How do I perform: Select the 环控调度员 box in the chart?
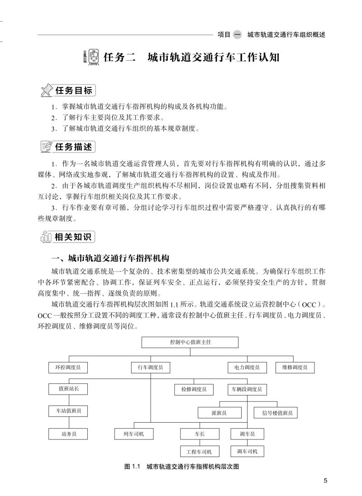68,368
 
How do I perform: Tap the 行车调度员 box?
151,368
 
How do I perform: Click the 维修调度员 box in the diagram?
295,368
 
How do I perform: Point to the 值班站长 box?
68,389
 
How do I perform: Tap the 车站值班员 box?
68,411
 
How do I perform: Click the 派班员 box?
219,413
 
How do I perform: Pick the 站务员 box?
68,434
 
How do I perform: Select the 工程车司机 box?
200,452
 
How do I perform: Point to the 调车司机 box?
247,451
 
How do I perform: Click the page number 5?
325,481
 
